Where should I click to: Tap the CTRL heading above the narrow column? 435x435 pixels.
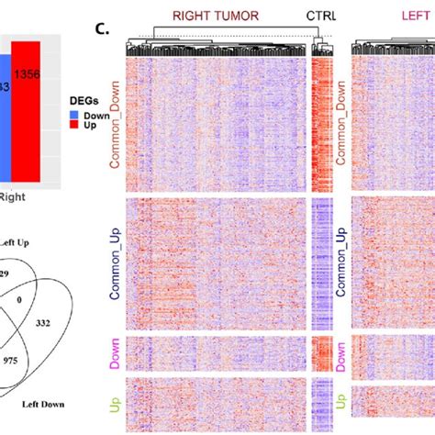(322, 16)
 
